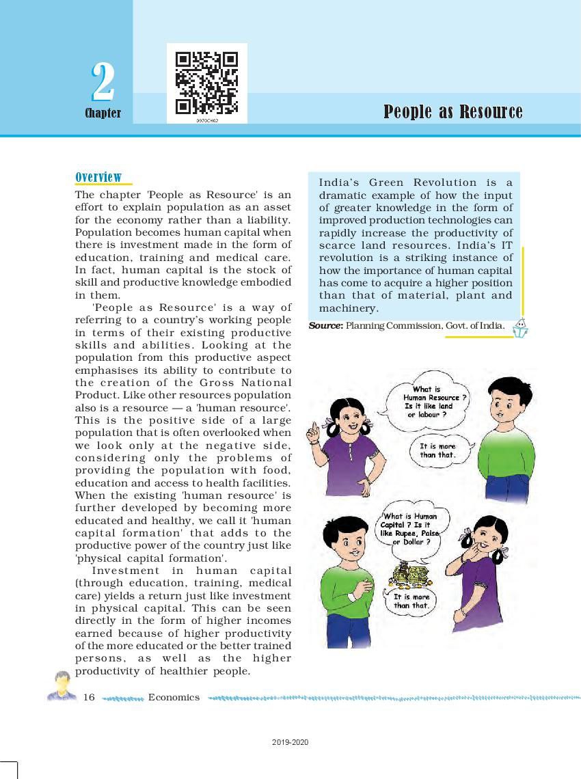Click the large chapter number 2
pos(103,83)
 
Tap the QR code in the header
pos(206,83)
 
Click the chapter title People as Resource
pos(452,112)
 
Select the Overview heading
pos(98,178)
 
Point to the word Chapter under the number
pos(103,113)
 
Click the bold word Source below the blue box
pos(325,326)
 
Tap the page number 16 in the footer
pos(89,697)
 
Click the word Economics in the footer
pos(174,697)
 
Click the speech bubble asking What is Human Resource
pos(430,402)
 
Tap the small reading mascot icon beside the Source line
pos(521,329)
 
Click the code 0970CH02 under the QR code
pos(206,120)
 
